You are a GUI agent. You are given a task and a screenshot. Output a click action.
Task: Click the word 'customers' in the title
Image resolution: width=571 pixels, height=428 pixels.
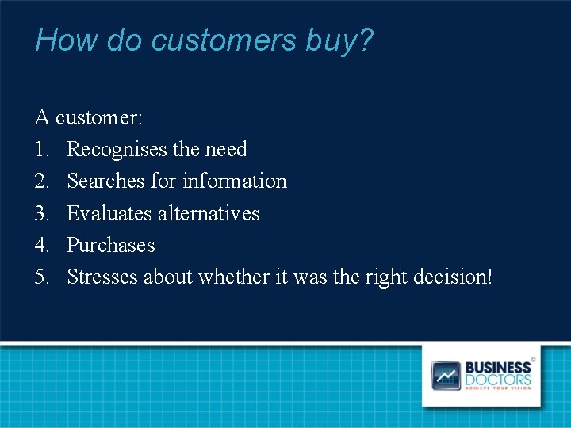[x=223, y=40]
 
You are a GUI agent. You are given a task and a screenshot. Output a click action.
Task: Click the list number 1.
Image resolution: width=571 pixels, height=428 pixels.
[x=42, y=150]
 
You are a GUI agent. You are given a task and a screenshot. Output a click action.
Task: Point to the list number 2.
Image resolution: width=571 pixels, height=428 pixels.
[x=42, y=182]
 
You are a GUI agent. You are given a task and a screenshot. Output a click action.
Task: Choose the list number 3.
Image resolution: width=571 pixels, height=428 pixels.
[x=42, y=214]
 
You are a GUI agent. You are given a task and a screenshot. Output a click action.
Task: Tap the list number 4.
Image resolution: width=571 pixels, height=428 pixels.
[x=42, y=246]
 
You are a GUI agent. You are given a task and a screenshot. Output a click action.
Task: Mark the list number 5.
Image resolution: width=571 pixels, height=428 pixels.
[x=42, y=277]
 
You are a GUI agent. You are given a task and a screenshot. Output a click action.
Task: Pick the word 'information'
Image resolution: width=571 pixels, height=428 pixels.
[x=235, y=182]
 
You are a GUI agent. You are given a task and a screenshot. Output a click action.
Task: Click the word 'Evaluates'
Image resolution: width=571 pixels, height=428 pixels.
[x=109, y=214]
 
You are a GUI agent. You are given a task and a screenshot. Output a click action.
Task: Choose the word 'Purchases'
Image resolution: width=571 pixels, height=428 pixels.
[x=111, y=246]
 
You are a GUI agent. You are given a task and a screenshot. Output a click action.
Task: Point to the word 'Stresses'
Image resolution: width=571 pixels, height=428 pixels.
[x=102, y=277]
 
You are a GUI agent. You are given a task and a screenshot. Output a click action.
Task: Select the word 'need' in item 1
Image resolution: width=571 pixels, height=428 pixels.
[x=226, y=150]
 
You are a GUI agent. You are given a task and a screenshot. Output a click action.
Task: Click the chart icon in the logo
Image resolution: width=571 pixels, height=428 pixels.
[x=446, y=375]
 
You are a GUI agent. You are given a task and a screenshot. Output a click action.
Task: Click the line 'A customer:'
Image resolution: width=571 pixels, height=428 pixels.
[x=89, y=118]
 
